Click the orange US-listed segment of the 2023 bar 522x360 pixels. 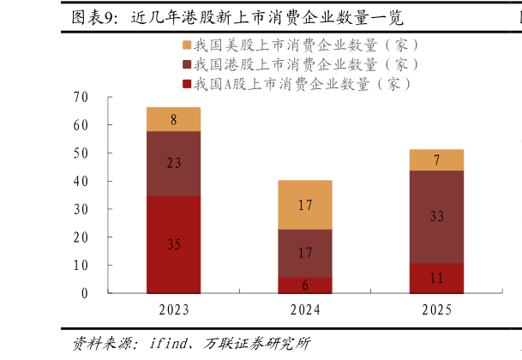[x=173, y=119]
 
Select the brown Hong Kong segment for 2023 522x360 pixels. [x=173, y=163]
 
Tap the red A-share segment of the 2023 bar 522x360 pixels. [x=173, y=244]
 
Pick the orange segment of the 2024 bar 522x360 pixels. [x=305, y=205]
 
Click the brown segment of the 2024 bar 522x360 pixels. [x=305, y=253]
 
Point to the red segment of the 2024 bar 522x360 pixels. [x=305, y=285]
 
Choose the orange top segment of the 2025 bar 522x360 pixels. [x=436, y=159]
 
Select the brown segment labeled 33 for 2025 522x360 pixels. [x=436, y=217]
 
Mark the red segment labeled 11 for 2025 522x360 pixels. [x=436, y=278]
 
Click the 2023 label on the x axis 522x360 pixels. [x=174, y=309]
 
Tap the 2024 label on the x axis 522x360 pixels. [x=305, y=309]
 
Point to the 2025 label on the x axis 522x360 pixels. [x=436, y=309]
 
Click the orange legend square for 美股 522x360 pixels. [x=186, y=45]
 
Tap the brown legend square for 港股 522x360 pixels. [x=186, y=64]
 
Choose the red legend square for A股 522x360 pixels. [x=186, y=84]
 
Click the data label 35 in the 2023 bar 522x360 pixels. [x=173, y=245]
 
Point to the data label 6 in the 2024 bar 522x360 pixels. [x=305, y=285]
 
